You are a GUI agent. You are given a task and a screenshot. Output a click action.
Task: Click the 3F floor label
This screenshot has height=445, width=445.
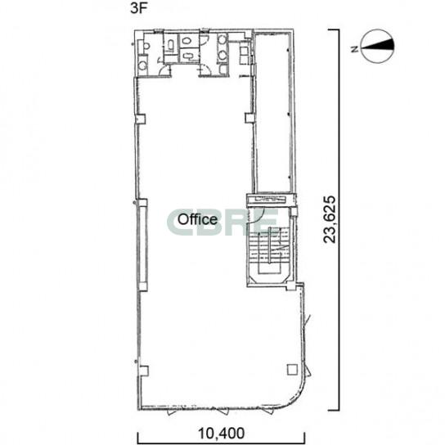(x=139, y=8)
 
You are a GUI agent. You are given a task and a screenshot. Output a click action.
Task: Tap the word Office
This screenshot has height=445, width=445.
(x=197, y=219)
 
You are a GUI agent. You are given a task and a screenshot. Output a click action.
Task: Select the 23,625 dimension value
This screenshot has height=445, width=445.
(x=330, y=220)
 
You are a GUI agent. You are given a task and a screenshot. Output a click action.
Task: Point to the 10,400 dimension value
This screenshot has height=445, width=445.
(x=221, y=434)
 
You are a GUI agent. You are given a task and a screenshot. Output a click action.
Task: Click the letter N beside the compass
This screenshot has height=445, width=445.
(x=354, y=49)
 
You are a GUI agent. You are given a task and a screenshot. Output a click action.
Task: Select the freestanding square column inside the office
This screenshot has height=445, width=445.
(x=292, y=370)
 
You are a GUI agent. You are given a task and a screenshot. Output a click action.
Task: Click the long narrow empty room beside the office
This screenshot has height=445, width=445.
(x=273, y=113)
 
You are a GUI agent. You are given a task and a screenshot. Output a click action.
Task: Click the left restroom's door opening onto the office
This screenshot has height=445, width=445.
(x=164, y=70)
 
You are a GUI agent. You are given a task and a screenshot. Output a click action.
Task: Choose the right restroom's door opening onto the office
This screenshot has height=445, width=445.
(x=205, y=70)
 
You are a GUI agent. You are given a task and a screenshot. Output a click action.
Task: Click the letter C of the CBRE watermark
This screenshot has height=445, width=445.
(x=178, y=222)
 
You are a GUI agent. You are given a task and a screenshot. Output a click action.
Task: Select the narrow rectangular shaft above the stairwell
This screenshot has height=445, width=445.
(x=271, y=200)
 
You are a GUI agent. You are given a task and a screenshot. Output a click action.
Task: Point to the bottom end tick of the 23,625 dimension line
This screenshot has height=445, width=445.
(x=334, y=410)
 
